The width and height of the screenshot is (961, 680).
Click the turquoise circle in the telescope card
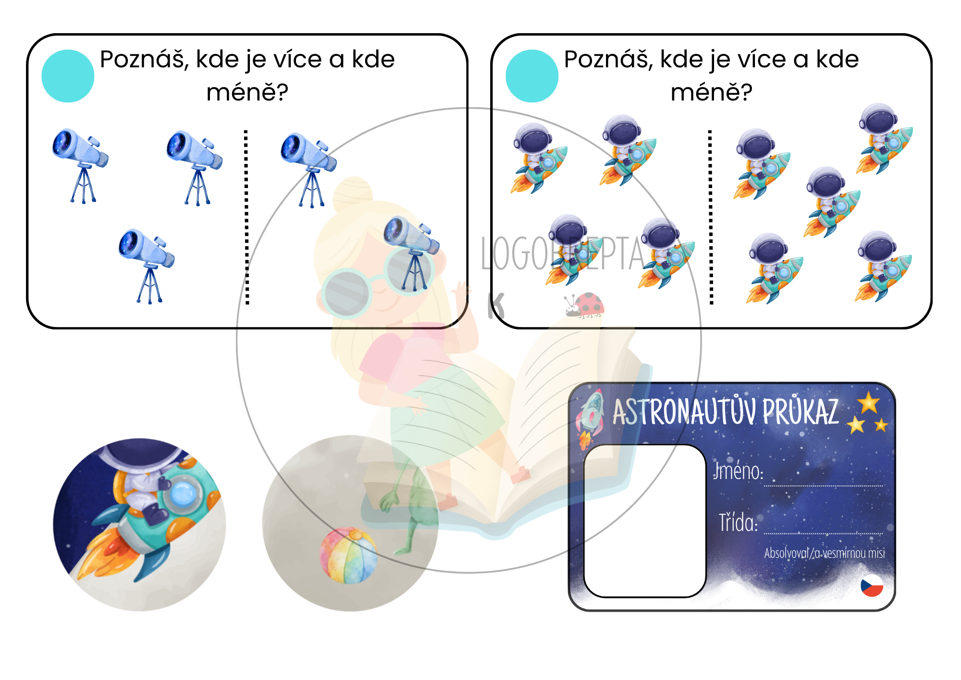click(68, 76)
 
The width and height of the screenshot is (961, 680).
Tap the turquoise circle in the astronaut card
click(532, 76)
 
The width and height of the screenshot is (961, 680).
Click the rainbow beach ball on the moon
click(348, 556)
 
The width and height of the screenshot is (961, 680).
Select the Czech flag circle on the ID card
click(872, 585)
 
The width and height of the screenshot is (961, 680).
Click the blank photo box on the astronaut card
click(645, 521)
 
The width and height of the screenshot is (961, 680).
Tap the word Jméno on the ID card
click(738, 471)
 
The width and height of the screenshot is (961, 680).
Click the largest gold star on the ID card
click(869, 403)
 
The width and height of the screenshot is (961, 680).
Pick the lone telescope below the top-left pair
click(147, 266)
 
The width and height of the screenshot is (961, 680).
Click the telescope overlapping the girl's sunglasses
click(411, 254)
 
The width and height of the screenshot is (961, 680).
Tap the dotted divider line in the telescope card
click(246, 217)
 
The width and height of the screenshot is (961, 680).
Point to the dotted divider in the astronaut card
click(711, 217)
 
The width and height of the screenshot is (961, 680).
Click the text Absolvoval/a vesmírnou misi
click(825, 553)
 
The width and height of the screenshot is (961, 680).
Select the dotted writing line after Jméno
click(824, 486)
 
